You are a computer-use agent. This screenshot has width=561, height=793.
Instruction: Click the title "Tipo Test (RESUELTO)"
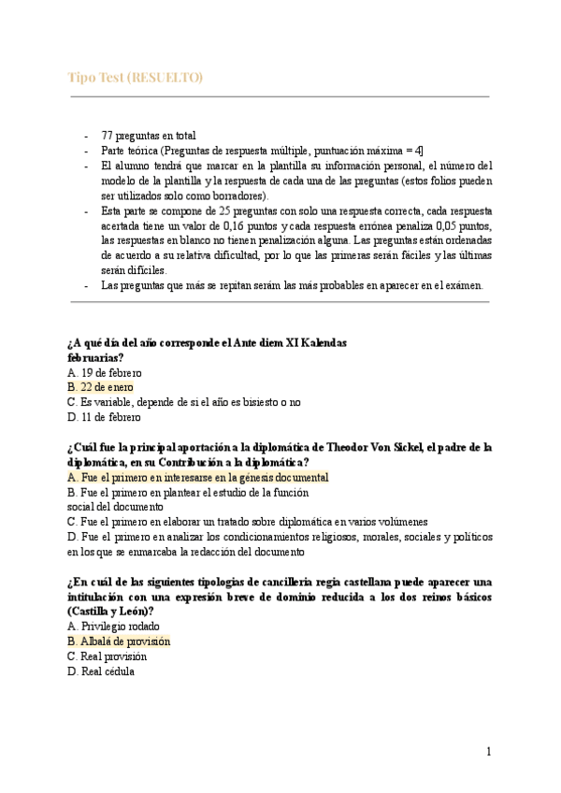pos(136,77)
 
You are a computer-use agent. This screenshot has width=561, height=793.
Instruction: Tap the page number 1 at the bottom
pos(488,751)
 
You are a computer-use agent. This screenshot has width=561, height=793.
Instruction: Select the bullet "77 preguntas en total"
pos(148,135)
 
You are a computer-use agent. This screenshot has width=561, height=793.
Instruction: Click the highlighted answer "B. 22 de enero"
pos(101,386)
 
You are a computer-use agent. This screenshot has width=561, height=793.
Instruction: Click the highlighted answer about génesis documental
pos(198,476)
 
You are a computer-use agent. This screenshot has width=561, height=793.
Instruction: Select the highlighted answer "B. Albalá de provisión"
pos(120,642)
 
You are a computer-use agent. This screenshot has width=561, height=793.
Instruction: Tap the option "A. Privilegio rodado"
pos(114,626)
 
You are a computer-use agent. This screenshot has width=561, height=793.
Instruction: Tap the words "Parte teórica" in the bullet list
pos(128,150)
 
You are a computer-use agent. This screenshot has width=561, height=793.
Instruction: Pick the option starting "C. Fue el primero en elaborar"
pos(248,521)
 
